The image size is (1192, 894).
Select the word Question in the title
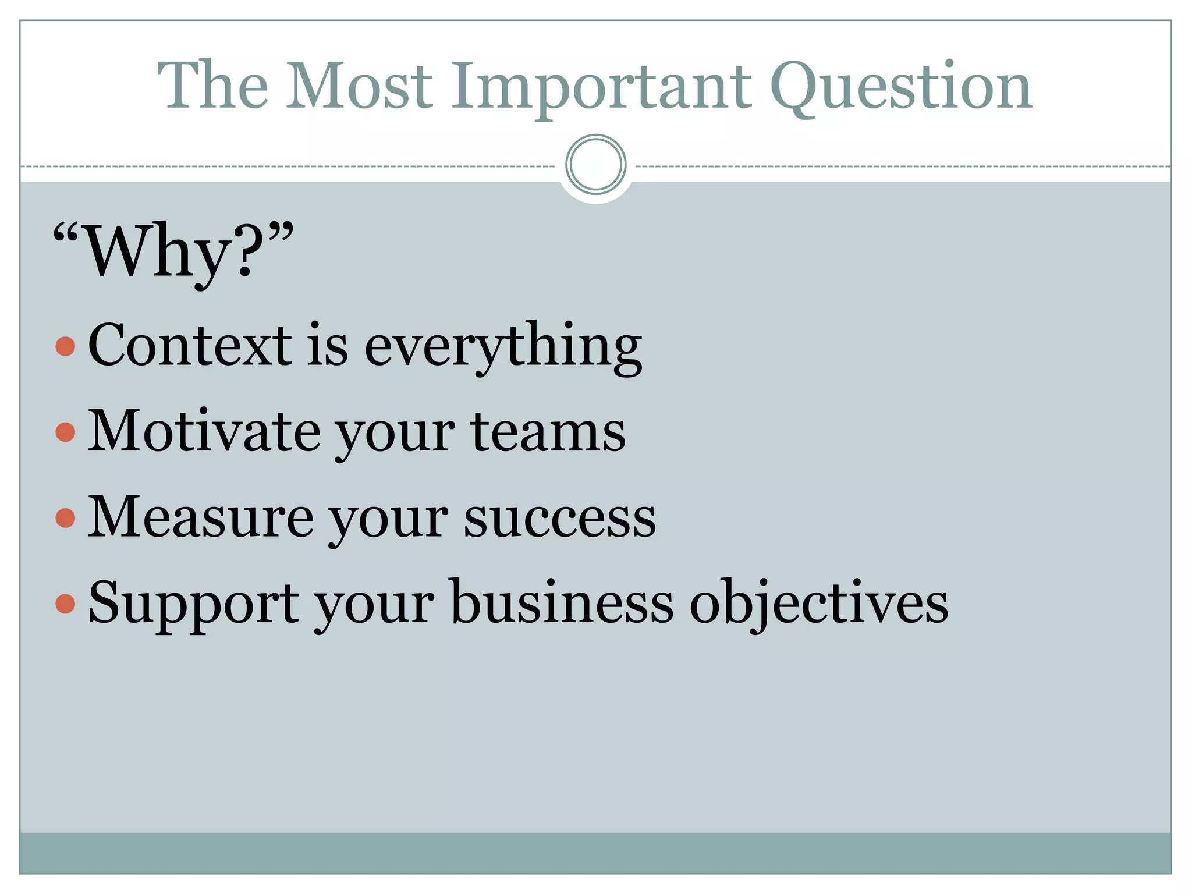900,87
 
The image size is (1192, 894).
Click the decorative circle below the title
595,164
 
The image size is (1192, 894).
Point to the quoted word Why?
173,250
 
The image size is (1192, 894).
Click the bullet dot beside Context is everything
65,346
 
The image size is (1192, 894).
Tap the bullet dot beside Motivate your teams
65,432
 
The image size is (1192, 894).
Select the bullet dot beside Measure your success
65,517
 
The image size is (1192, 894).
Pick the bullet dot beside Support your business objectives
65,604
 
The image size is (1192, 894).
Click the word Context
190,345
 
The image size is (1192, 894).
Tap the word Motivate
204,431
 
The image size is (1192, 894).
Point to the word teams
548,432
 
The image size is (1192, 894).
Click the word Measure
200,517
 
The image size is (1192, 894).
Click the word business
562,602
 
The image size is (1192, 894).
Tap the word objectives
819,604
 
